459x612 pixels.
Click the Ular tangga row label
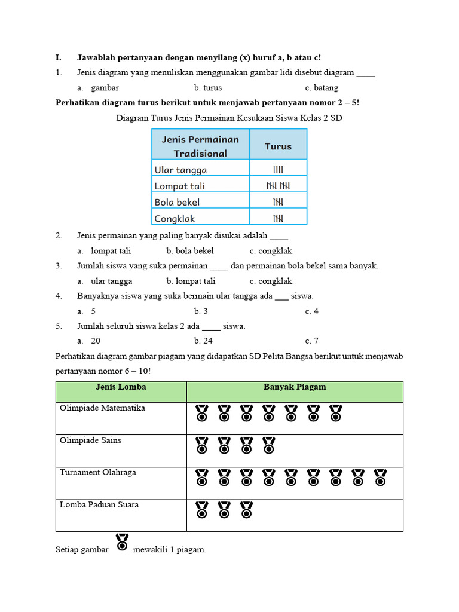[180, 170]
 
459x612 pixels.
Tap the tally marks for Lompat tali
[278, 186]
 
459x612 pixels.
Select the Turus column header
[278, 146]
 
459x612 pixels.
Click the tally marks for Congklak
[278, 218]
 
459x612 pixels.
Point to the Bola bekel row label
[177, 202]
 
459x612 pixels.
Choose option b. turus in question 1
[208, 88]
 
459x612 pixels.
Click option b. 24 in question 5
[203, 341]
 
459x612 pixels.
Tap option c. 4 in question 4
[311, 311]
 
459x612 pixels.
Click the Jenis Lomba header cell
[121, 387]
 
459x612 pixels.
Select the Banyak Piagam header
[295, 387]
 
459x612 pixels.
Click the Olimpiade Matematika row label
[102, 408]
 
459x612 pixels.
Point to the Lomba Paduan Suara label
[99, 504]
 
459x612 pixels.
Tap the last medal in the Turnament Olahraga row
[380, 477]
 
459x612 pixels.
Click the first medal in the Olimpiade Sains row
[202, 445]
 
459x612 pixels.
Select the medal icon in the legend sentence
[122, 542]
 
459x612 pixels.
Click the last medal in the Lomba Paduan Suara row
[246, 509]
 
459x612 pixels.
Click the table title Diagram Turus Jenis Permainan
[229, 118]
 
